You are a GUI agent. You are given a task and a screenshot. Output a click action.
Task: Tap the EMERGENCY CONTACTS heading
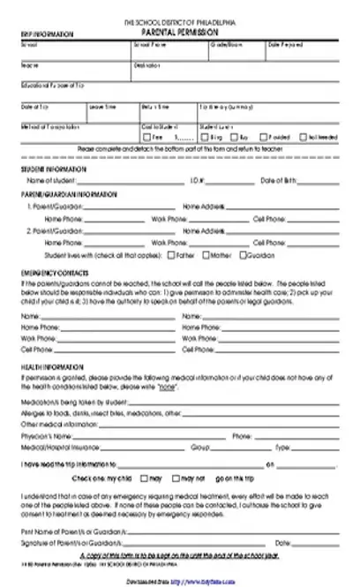tap(49, 272)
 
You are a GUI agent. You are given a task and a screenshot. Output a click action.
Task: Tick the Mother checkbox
tap(206, 254)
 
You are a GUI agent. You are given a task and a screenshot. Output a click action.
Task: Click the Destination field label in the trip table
tap(147, 64)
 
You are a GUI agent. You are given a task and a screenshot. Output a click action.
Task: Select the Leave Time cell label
tap(103, 107)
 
